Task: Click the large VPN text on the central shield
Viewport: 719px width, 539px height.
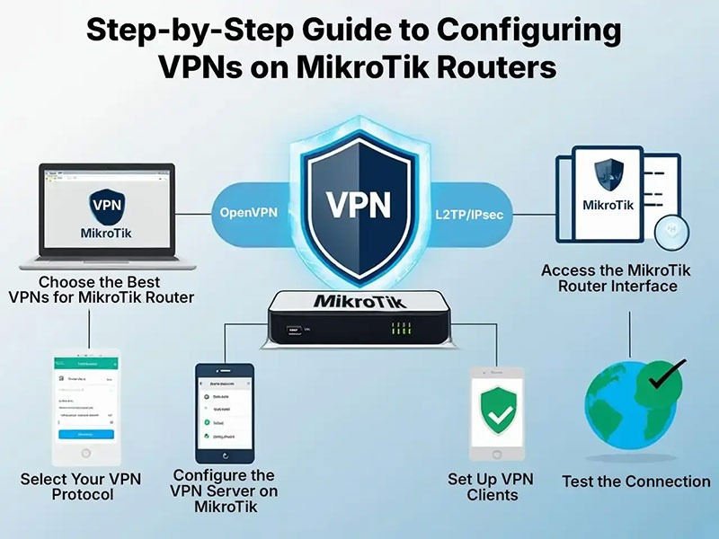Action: click(x=359, y=204)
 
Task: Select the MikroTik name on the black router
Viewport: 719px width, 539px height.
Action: click(x=359, y=302)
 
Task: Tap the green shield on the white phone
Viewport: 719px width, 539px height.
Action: click(x=497, y=410)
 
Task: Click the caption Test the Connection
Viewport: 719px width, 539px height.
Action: click(x=635, y=482)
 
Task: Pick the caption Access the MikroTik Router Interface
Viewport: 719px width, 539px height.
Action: click(x=608, y=278)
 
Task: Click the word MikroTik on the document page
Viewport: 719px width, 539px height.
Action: click(x=608, y=205)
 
